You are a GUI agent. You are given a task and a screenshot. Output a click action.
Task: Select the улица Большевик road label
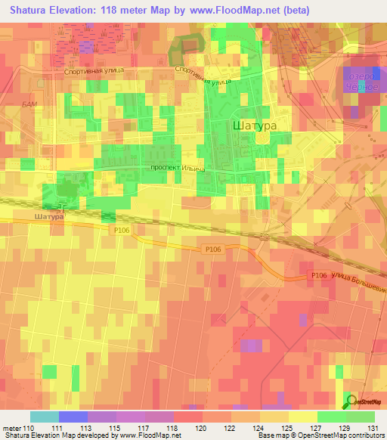[359, 278]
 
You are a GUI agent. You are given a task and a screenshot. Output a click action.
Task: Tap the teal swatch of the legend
[44, 417]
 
